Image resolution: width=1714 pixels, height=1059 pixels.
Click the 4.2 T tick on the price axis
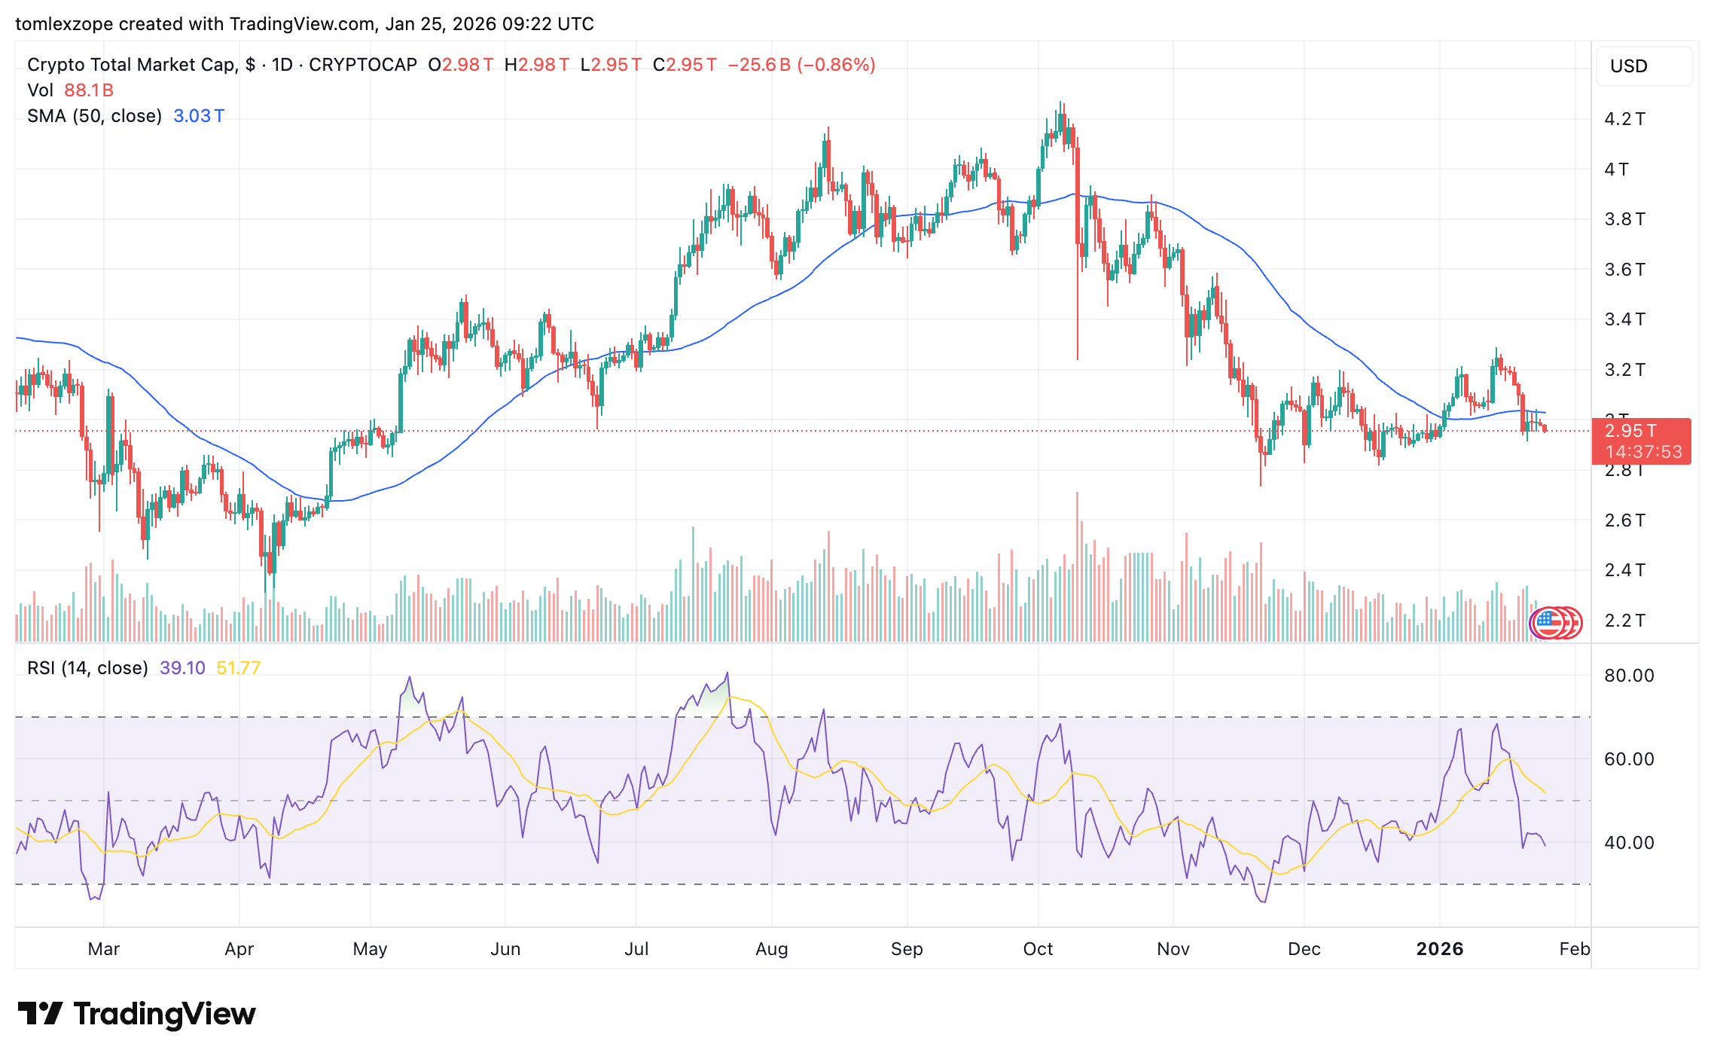[1624, 119]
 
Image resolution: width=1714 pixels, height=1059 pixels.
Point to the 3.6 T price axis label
[1624, 270]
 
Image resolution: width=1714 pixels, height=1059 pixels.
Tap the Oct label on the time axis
[1038, 949]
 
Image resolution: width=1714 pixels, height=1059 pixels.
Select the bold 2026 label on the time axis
[1439, 949]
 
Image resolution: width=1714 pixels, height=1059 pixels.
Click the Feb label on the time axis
[1574, 949]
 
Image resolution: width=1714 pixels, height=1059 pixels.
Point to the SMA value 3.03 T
[198, 116]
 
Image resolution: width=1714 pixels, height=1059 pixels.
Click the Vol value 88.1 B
[89, 90]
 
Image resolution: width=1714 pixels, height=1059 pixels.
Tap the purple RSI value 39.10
[182, 668]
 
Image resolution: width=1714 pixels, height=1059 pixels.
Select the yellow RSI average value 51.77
[238, 668]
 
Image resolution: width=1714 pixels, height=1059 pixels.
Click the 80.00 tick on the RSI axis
[1628, 676]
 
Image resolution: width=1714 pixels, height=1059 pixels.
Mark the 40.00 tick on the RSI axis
[1628, 843]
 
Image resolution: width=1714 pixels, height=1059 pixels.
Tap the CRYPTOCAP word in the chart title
[362, 65]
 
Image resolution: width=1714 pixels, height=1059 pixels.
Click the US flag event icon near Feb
[1548, 622]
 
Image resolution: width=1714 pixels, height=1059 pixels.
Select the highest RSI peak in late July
[727, 673]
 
